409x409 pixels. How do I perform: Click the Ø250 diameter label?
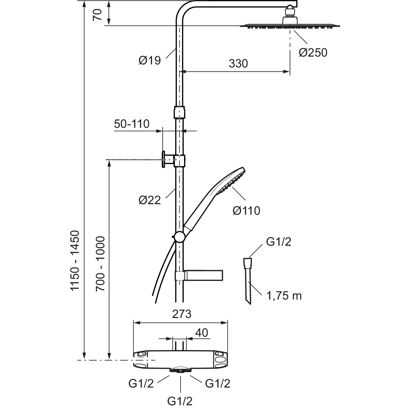tap(313, 52)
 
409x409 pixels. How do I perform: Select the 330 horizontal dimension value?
tap(238, 64)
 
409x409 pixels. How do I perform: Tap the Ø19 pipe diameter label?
tap(150, 61)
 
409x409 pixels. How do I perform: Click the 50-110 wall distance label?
tap(132, 124)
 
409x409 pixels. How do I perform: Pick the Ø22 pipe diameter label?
tap(150, 200)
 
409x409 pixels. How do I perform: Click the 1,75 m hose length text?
tap(284, 296)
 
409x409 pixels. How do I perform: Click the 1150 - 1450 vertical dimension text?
tap(75, 261)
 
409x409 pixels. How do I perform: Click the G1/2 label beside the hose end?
tap(278, 242)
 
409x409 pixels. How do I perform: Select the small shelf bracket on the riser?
tap(203, 275)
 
